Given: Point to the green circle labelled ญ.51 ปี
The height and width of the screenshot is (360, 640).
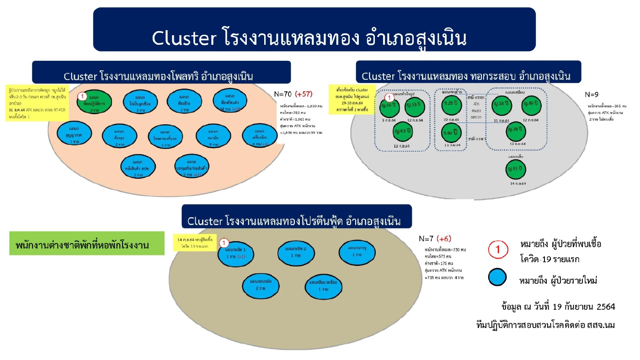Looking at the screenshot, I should pyautogui.click(x=517, y=169).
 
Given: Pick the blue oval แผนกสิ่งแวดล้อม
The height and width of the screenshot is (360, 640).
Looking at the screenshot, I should pyautogui.click(x=323, y=286).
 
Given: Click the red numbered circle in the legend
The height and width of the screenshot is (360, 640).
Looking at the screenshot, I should pyautogui.click(x=499, y=249).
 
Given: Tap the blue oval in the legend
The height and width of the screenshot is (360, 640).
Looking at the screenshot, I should pyautogui.click(x=500, y=278).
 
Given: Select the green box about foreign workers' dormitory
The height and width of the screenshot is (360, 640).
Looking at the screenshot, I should pyautogui.click(x=86, y=243).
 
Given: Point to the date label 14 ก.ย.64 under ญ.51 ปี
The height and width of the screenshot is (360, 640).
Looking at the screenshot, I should pyautogui.click(x=517, y=183).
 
